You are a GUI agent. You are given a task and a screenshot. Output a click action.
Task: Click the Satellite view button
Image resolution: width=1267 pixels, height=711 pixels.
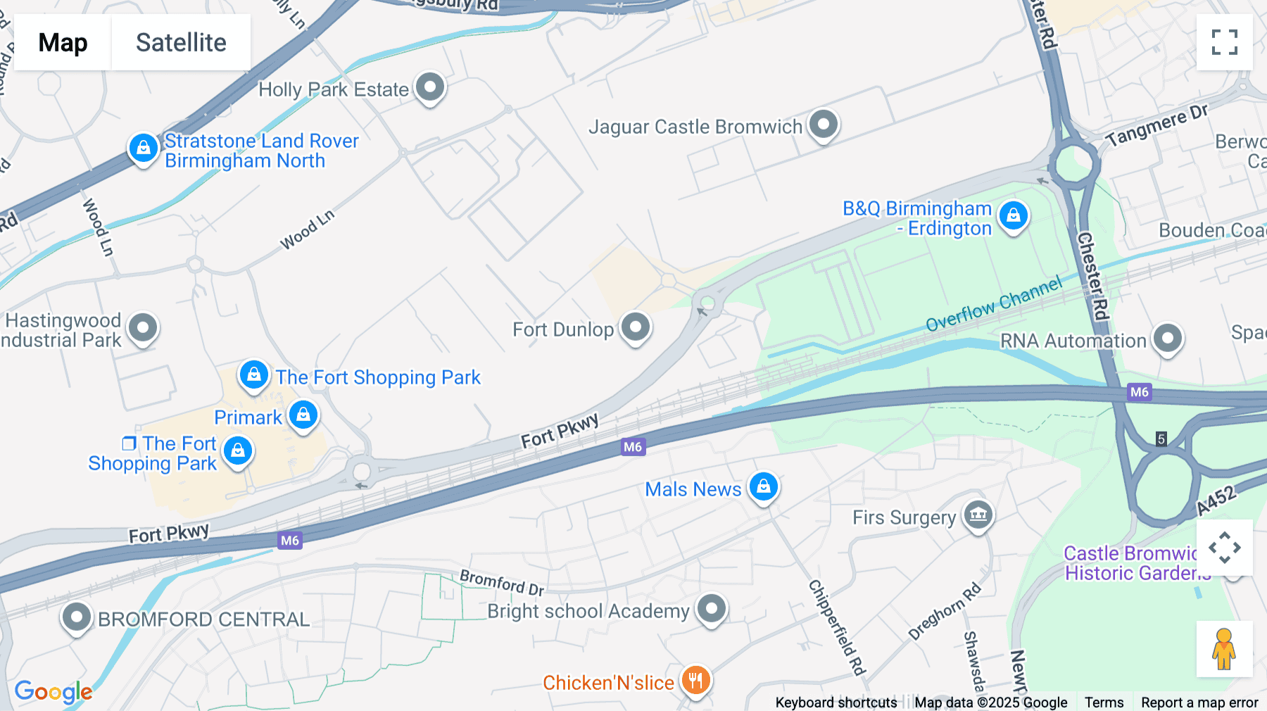click(181, 42)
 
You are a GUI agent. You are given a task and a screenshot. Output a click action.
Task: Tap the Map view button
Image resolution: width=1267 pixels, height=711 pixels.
click(63, 42)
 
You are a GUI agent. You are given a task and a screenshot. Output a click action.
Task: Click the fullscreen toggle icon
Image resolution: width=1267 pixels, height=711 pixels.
click(1224, 42)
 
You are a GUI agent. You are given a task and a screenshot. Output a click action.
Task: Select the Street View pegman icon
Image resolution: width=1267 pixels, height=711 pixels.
click(1224, 649)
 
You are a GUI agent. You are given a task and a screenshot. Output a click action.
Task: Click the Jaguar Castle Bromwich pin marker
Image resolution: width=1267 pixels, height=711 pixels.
click(823, 125)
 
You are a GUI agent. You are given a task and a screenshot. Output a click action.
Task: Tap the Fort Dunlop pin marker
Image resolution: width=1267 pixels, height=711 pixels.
click(636, 327)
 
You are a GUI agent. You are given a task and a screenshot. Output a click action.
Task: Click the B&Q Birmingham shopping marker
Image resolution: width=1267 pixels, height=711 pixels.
click(1013, 215)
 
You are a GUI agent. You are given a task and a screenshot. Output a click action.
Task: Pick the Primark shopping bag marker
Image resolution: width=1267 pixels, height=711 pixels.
click(303, 415)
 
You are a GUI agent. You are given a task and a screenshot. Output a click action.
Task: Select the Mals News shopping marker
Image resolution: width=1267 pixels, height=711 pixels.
click(764, 486)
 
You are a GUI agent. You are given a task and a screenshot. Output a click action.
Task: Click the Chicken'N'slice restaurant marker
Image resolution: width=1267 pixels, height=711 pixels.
click(695, 681)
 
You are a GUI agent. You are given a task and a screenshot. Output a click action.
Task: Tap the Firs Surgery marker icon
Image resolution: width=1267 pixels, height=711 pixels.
click(978, 515)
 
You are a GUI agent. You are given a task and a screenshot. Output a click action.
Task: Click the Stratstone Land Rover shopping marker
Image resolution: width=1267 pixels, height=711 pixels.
click(144, 149)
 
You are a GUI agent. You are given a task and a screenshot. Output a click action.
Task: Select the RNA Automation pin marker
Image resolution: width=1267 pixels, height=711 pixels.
click(1168, 339)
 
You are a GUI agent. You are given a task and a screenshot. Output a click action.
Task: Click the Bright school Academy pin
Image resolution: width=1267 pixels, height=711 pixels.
click(711, 608)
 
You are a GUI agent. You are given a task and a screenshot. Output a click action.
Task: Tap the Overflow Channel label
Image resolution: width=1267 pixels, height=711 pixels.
click(993, 304)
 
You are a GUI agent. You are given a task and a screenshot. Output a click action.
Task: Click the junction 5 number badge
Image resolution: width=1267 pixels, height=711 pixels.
click(1161, 439)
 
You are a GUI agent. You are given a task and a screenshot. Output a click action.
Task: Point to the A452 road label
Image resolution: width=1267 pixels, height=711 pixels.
click(1216, 500)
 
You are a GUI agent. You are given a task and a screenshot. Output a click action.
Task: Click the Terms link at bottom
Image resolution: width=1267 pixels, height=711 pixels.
click(1104, 703)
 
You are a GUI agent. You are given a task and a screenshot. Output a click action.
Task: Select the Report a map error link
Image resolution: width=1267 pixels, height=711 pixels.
click(1199, 703)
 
